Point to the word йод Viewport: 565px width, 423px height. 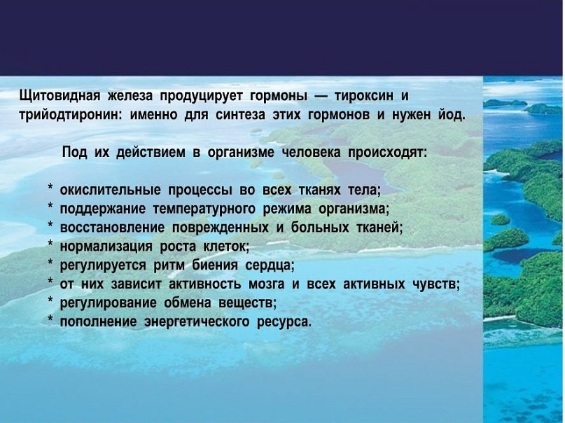coord(451,115)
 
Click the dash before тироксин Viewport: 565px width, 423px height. coord(321,97)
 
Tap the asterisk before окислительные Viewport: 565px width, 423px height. coord(51,187)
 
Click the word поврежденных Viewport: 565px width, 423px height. coord(221,228)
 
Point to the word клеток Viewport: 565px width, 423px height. coord(227,247)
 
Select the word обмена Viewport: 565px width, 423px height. coord(188,303)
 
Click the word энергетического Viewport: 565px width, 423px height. coord(197,321)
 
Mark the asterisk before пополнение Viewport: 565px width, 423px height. coord(51,318)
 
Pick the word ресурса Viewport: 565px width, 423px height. coord(284,322)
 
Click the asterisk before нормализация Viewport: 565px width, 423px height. coord(51,243)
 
